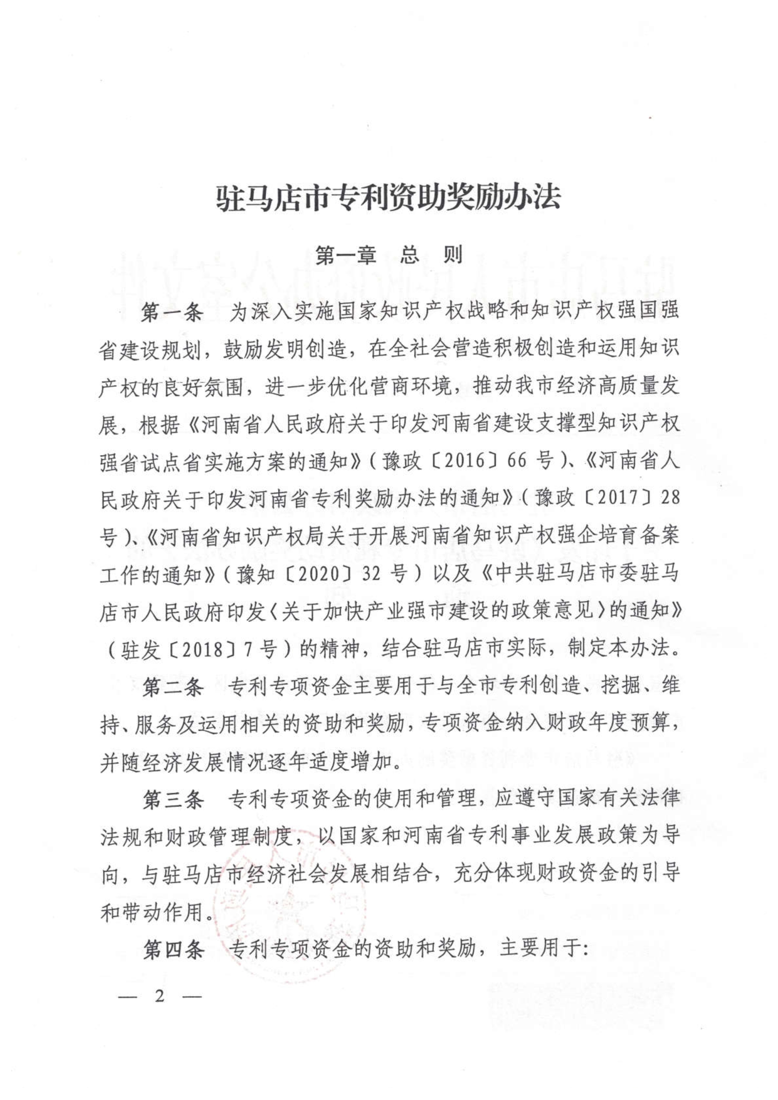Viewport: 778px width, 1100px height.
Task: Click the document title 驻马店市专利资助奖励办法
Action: pyautogui.click(x=388, y=198)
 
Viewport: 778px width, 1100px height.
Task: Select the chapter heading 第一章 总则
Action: pyautogui.click(x=389, y=255)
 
